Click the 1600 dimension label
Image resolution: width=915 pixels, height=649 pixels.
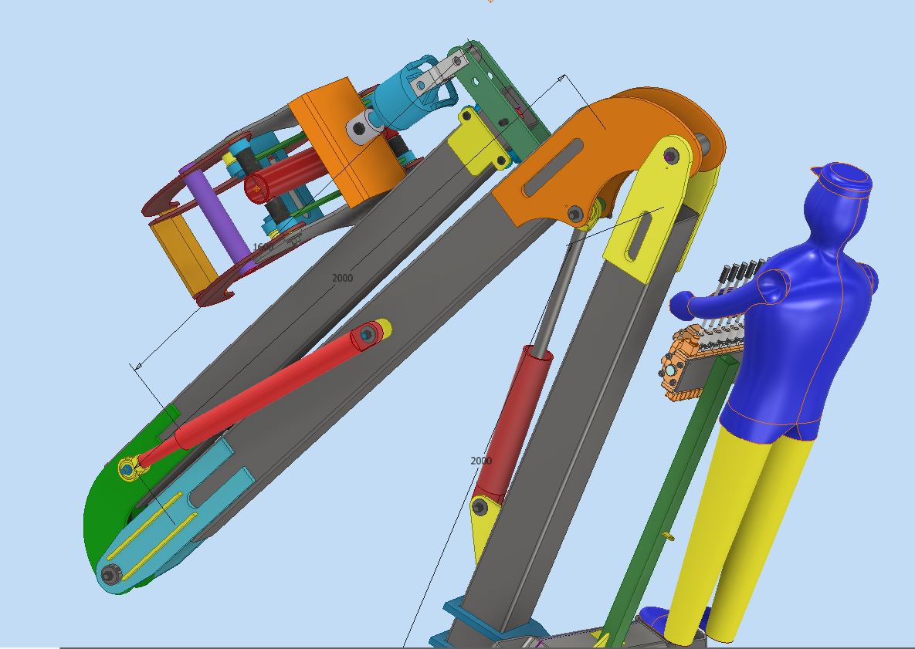point(263,247)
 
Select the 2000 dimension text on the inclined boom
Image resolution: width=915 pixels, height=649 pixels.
point(342,278)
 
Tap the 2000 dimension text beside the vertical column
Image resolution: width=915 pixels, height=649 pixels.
point(480,461)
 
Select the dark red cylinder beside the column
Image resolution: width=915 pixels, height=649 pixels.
point(513,421)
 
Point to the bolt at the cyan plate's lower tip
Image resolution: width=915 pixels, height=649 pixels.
point(110,574)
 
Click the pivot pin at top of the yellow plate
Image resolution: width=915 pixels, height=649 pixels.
point(670,157)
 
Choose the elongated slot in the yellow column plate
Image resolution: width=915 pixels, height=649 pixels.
point(639,236)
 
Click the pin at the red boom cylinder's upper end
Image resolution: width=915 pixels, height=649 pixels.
point(367,334)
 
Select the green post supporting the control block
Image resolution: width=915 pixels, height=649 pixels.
point(672,494)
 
